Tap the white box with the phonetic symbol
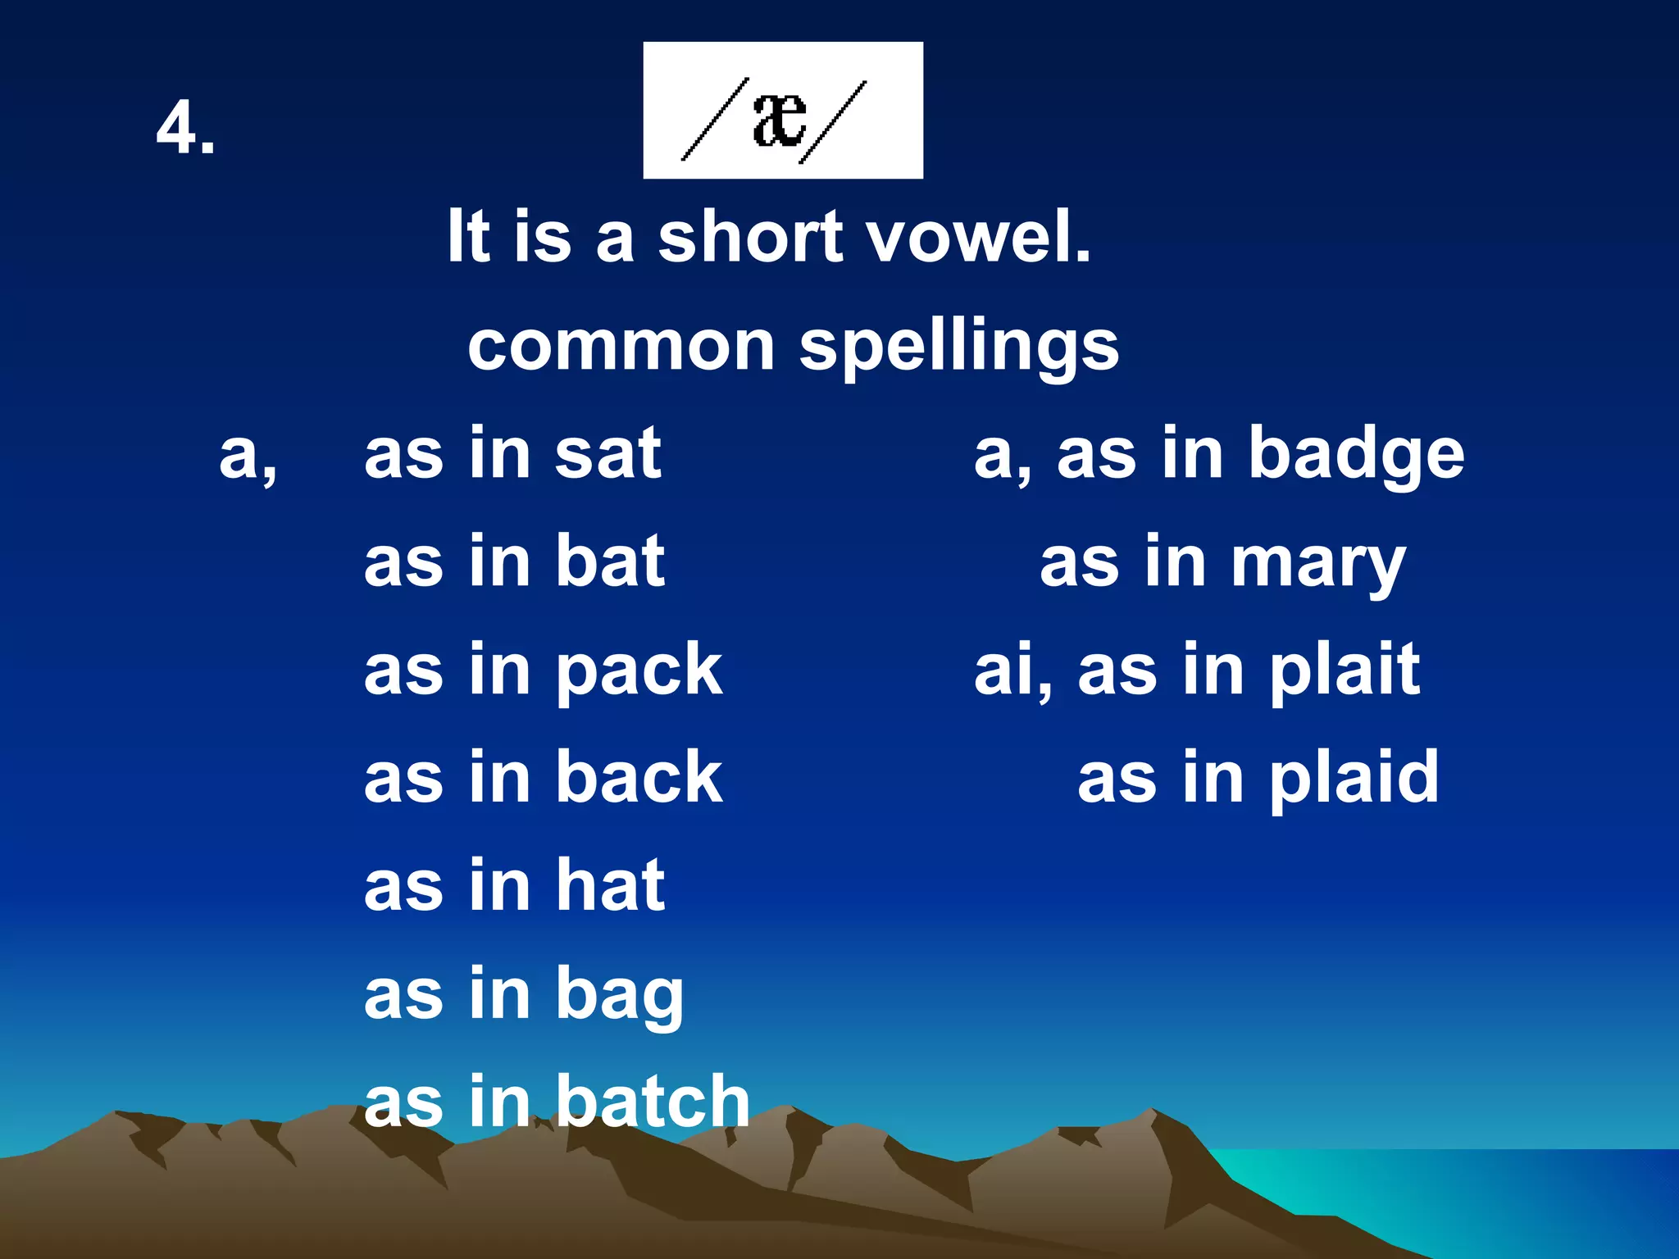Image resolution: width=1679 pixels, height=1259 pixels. coord(782,111)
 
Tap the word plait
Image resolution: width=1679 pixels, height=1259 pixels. coord(1344,671)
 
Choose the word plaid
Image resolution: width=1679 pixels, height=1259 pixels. coord(1354,777)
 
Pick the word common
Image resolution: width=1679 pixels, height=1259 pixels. coord(621,346)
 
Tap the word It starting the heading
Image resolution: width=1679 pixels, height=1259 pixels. coord(468,237)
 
